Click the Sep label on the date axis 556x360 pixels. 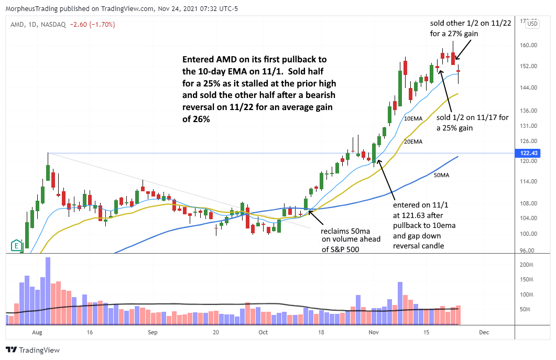click(x=152, y=332)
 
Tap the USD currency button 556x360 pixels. click(x=532, y=24)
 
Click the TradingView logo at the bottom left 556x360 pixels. click(x=32, y=350)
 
